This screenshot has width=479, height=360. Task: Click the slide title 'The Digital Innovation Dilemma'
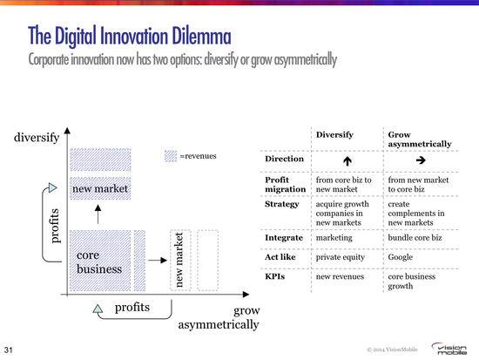coord(130,36)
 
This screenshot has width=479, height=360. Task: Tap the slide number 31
coord(8,350)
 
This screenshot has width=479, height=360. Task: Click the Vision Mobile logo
coord(449,349)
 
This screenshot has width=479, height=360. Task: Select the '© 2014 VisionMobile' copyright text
coord(392,350)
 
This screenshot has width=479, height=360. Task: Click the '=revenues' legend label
coord(199,156)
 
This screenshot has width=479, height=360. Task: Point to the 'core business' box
coord(100,261)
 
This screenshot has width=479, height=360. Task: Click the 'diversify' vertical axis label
coord(37,138)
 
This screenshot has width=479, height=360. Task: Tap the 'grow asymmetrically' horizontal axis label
coord(219,317)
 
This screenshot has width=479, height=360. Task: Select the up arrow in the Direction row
coord(347,161)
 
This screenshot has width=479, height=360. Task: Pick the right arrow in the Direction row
coord(421,160)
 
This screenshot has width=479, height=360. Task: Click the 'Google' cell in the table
coord(401,257)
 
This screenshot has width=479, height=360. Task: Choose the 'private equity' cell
coord(341,257)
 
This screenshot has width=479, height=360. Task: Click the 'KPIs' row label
coord(275,276)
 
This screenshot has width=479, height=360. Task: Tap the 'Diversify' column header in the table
coord(334,134)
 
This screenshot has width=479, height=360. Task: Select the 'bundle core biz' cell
coord(415,238)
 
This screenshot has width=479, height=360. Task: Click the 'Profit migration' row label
coord(286,185)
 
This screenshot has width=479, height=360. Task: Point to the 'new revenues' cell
coord(340,277)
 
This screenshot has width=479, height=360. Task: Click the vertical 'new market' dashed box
coord(180,260)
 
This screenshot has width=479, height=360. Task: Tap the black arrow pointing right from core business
coord(158,261)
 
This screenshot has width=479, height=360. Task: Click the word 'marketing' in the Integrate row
coord(334,238)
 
